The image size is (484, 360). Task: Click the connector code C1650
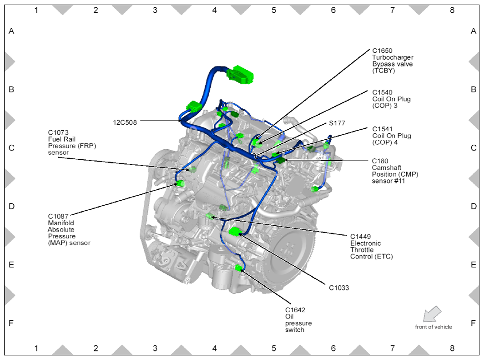click(x=382, y=51)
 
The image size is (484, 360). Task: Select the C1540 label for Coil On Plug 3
click(x=382, y=92)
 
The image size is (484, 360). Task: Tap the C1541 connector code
click(x=382, y=129)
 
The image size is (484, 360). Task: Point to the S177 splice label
click(x=337, y=123)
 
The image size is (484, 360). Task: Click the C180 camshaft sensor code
click(x=380, y=161)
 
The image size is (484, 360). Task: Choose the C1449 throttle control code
click(x=360, y=237)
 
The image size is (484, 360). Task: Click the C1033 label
click(x=339, y=288)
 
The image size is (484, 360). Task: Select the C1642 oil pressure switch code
click(x=295, y=310)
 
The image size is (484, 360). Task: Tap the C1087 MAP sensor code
click(x=58, y=216)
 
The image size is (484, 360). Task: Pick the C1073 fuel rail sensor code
click(x=58, y=133)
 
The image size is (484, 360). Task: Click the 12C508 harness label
click(x=125, y=122)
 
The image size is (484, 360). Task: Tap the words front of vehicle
click(x=434, y=327)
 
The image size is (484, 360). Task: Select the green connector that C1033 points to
click(x=235, y=232)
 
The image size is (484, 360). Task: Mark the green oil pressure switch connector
click(x=239, y=267)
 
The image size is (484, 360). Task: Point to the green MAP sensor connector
click(x=180, y=184)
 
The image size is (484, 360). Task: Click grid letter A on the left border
click(x=11, y=31)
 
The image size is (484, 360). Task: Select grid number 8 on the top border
click(x=452, y=10)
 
